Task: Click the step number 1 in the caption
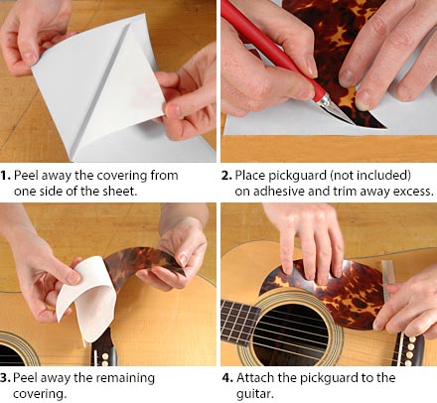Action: tap(5, 175)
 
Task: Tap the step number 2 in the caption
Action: tap(226, 175)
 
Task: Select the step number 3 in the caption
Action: tap(5, 377)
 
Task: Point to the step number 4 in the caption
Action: tap(227, 377)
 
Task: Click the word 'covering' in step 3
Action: tap(40, 394)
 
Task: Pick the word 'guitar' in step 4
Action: tap(255, 394)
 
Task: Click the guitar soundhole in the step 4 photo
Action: tap(291, 335)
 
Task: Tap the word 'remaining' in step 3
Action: tap(125, 378)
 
